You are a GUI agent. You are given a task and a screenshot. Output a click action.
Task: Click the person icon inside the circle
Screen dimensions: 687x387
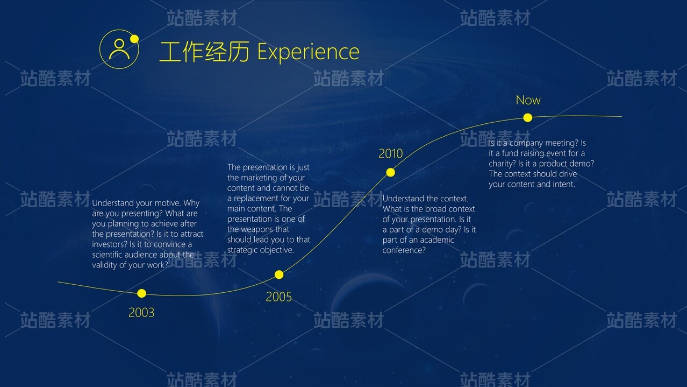point(119,49)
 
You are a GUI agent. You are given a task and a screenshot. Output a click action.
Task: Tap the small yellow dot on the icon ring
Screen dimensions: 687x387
point(134,39)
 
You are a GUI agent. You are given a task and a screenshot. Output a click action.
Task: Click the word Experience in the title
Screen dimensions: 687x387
point(308,52)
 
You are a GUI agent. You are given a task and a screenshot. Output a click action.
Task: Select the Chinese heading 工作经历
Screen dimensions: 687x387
point(204,52)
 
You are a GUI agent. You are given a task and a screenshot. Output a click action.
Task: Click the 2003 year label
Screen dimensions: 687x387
point(141,313)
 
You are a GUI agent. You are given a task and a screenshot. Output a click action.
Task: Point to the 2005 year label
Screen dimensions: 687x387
point(279,297)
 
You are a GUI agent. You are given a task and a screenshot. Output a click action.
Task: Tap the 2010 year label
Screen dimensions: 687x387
point(390,153)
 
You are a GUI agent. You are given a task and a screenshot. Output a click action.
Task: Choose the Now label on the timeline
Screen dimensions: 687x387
point(528,100)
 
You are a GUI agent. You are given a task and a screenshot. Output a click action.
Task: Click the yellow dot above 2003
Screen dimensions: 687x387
point(141,293)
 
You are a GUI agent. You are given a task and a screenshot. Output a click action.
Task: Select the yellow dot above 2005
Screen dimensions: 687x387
point(279,275)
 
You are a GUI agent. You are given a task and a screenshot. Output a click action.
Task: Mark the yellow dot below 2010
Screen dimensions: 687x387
point(390,173)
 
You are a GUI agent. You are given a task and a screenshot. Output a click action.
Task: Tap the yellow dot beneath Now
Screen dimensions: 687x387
point(527,118)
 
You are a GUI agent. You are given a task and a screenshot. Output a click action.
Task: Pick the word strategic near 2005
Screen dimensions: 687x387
point(242,250)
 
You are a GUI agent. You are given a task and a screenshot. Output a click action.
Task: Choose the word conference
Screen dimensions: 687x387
point(404,250)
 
